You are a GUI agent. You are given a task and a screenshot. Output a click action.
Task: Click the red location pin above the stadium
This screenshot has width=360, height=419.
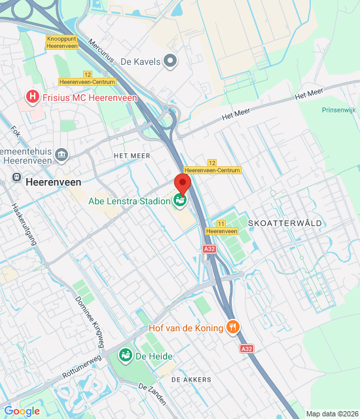pos(182,183)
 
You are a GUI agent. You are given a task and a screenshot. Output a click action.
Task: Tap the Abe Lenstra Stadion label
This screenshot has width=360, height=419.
pos(129,201)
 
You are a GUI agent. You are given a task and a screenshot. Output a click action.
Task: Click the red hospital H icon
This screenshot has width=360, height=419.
pos(31,98)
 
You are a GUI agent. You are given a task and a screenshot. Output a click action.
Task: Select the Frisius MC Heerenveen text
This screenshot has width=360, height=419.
pos(90,98)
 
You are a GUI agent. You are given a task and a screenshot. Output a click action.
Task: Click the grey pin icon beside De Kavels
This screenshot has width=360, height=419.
pos(171,62)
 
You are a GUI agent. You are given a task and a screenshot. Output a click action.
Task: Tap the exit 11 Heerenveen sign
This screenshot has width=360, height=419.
pos(221,228)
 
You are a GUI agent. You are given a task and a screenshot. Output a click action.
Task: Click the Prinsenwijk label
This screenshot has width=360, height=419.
pos(339,110)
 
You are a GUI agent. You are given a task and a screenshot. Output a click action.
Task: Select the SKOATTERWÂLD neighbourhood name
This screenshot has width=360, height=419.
pos(285,223)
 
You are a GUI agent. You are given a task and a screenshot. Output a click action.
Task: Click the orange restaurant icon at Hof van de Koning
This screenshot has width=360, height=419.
pos(232,326)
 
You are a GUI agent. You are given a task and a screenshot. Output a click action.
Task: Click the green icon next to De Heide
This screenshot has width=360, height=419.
pos(124,355)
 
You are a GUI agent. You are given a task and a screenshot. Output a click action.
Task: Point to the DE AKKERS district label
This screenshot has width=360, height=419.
pos(191,380)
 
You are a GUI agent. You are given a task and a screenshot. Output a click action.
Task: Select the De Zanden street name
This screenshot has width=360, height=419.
pos(153,395)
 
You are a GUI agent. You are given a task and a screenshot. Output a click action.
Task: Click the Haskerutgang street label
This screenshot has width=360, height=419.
pos(22,223)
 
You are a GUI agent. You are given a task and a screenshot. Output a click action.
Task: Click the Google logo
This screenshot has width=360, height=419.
pos(22,411)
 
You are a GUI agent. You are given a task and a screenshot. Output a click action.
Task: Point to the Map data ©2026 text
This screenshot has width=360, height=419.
pos(332,414)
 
